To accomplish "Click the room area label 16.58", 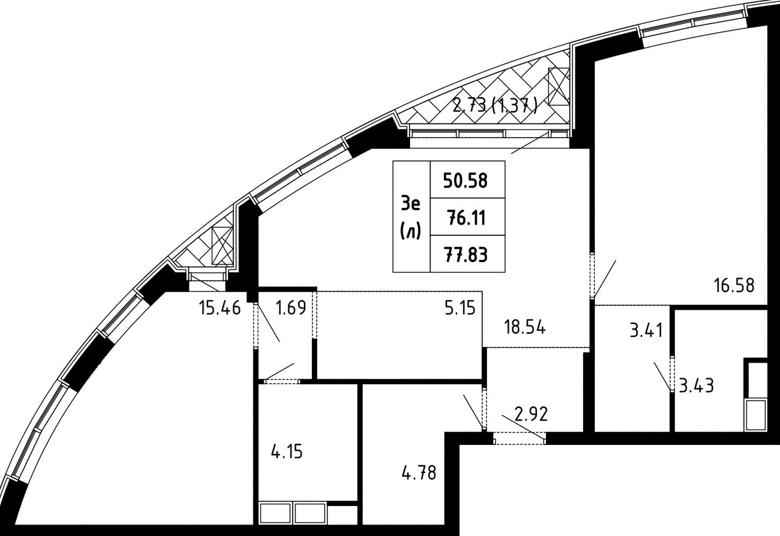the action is (x=734, y=285).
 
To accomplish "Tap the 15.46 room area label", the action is (x=220, y=308).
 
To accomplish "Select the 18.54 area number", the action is (x=525, y=327).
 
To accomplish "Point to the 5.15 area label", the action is (x=460, y=308).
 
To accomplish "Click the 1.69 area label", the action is (x=291, y=308).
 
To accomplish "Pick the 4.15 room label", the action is (x=287, y=452).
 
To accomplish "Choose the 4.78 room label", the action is (x=419, y=473).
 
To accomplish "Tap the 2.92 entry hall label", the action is (x=531, y=414).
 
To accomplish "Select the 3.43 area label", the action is (x=696, y=386).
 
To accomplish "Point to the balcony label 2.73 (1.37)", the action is (x=495, y=105).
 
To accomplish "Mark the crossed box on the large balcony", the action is (x=558, y=86).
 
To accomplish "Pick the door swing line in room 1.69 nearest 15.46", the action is (x=267, y=322).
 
